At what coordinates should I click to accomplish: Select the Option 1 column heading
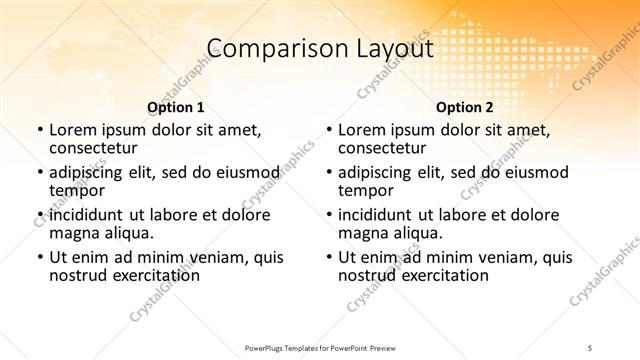click(175, 106)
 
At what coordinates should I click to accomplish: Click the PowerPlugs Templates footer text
click(319, 347)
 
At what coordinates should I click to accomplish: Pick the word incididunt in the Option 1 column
click(87, 214)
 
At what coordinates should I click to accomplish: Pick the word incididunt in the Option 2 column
click(376, 214)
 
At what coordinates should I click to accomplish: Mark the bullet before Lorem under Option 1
click(40, 130)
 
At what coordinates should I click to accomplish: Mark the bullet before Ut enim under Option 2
click(329, 257)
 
